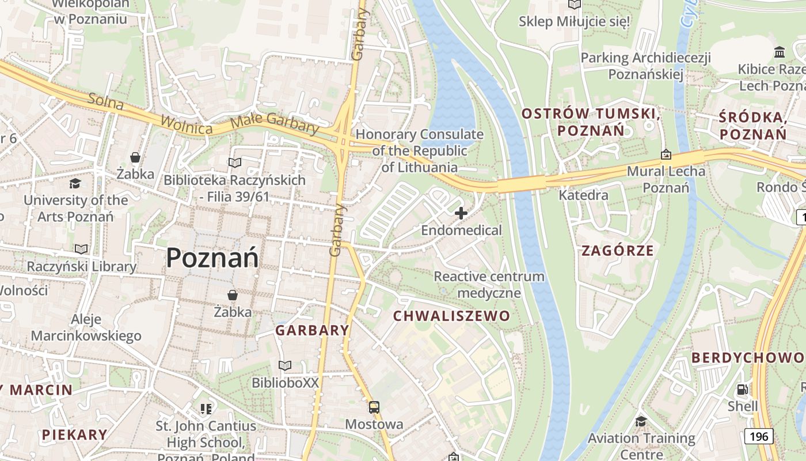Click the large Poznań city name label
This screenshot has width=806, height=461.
pos(212,258)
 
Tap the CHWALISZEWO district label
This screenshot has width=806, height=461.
pos(451,316)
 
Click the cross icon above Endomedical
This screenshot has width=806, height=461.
pos(461,213)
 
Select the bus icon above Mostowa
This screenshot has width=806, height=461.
pos(374,407)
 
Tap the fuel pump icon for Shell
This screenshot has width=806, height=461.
pos(743,390)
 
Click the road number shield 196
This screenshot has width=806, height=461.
pos(759,436)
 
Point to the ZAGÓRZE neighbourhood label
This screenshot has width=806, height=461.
pos(618,251)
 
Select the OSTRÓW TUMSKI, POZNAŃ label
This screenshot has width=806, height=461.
pos(591,122)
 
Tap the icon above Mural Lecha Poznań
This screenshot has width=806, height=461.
pos(666,154)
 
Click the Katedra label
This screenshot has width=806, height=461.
pos(583,195)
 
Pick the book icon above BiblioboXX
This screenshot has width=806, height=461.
pos(285,365)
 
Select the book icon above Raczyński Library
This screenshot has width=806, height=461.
pos(81,249)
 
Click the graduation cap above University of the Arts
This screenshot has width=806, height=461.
pos(75,183)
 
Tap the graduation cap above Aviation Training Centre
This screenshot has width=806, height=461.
pos(641,421)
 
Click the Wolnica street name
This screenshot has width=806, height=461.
pos(187,123)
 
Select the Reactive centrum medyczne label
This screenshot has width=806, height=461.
pos(489,285)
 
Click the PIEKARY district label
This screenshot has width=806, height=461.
pos(74,434)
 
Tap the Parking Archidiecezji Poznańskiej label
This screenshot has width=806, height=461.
pos(645,66)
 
